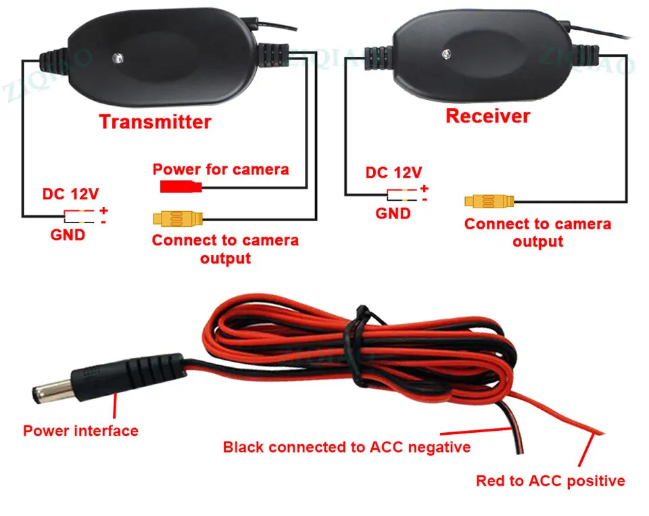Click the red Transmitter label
click(155, 122)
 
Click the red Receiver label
click(488, 116)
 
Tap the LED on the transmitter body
click(118, 58)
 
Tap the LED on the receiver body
click(446, 54)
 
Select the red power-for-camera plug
click(181, 187)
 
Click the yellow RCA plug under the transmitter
click(178, 218)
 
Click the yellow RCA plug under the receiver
click(489, 202)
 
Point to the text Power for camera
click(220, 169)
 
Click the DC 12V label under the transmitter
click(71, 194)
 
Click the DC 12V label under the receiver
click(393, 172)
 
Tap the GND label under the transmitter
click(68, 235)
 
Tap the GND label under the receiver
click(393, 214)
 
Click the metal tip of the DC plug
click(53, 392)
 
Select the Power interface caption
click(80, 431)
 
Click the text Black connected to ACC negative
click(347, 447)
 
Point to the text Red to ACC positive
click(550, 481)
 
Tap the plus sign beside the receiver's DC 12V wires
click(425, 189)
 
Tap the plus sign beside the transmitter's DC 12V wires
click(103, 210)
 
